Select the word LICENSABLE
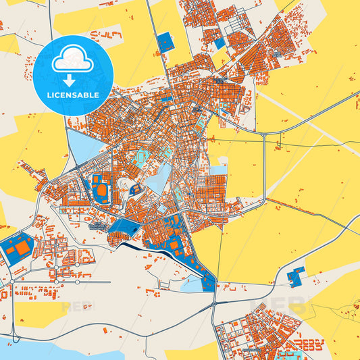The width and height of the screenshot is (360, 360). click(72, 95)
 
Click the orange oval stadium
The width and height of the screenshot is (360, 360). click(102, 191)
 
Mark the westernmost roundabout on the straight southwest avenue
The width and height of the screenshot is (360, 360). click(12, 282)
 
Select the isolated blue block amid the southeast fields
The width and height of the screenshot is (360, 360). click(295, 275)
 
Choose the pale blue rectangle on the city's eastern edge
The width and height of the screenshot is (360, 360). click(218, 170)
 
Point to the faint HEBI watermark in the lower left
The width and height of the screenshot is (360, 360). click(78, 306)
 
